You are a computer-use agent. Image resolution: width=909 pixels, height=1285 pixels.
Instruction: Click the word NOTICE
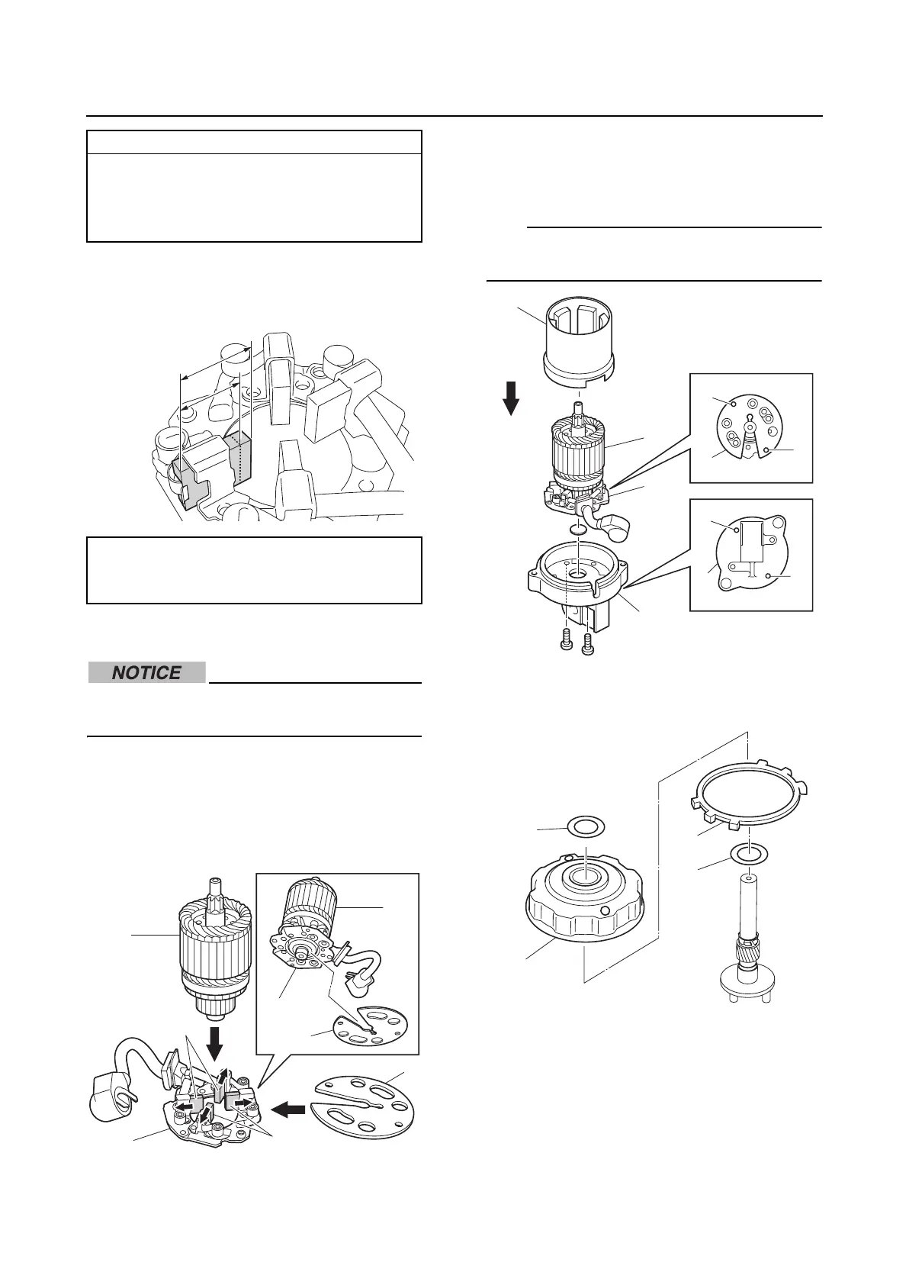click(146, 673)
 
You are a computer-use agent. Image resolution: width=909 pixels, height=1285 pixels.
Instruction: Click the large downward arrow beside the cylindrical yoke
click(512, 397)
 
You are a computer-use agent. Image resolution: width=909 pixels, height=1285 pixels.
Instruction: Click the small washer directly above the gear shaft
click(749, 853)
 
